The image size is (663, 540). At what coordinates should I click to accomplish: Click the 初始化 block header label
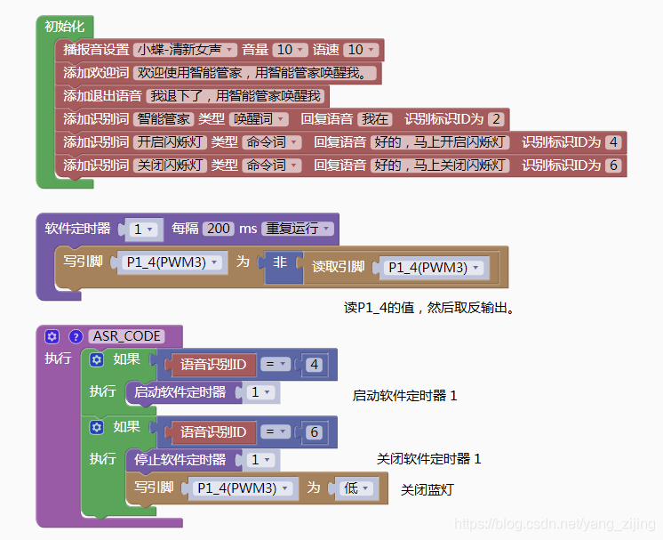(64, 26)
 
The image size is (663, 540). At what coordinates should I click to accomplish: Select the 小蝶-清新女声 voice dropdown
(185, 50)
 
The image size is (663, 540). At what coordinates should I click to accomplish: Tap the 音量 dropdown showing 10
(290, 50)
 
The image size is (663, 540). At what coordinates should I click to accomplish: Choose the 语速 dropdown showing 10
(361, 50)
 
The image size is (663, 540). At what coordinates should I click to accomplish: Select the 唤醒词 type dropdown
(259, 119)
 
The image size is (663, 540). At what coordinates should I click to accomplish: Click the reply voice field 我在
(375, 119)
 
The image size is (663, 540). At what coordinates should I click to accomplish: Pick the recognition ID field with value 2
(496, 119)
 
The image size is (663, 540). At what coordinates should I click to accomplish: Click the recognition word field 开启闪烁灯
(170, 141)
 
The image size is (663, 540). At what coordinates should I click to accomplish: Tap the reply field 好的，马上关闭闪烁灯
(440, 165)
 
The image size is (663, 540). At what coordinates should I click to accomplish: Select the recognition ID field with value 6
(613, 165)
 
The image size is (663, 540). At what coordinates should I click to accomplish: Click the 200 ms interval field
(218, 229)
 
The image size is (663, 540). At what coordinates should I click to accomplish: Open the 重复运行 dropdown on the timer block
(298, 229)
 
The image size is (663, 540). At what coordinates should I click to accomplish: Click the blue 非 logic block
(280, 262)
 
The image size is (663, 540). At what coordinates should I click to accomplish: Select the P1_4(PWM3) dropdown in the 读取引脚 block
(434, 268)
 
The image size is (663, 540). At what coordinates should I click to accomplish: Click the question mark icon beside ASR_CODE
(76, 336)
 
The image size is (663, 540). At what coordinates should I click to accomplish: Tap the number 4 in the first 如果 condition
(314, 365)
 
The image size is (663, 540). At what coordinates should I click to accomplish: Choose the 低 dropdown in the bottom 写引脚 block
(356, 488)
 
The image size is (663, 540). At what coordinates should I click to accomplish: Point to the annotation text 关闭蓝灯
(427, 489)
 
